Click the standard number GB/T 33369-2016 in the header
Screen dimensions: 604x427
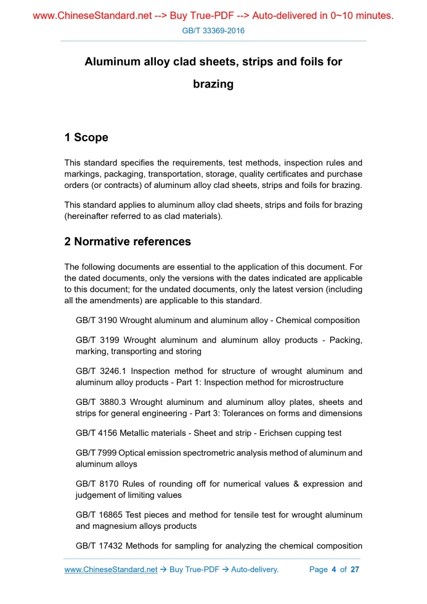point(213,30)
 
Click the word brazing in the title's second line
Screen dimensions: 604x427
point(213,84)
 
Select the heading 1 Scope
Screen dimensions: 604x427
point(86,137)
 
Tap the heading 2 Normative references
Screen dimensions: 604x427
point(128,242)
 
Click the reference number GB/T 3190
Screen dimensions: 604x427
point(96,320)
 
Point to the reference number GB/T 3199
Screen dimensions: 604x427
point(97,340)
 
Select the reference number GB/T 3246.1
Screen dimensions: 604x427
point(101,371)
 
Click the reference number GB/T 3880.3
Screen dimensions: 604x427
point(101,402)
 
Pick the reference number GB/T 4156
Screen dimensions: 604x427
point(96,433)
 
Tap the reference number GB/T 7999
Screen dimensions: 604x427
point(96,453)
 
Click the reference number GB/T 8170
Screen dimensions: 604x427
point(97,484)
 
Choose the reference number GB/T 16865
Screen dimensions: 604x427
point(99,515)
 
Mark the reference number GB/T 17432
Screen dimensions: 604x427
point(99,545)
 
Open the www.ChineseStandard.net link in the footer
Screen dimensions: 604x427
point(111,569)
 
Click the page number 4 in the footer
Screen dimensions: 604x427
point(333,569)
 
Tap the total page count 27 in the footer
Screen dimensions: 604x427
point(354,569)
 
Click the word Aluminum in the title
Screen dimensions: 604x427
point(111,62)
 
